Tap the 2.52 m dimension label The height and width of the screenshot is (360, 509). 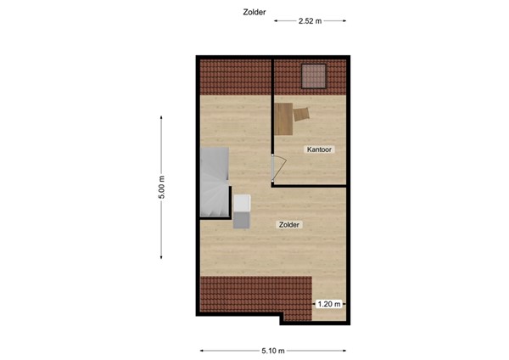pos(310,21)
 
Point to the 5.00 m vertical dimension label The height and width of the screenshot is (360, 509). pos(161,188)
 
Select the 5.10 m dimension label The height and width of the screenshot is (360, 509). pos(273,350)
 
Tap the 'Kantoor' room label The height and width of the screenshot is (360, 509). pos(319,150)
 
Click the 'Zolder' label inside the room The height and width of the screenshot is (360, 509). pos(289,225)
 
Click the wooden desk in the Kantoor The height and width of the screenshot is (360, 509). pos(283,118)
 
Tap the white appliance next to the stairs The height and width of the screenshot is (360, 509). pos(243,203)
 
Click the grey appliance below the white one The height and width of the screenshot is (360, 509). pos(243,218)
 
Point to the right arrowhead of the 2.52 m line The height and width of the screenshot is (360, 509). pos(344,21)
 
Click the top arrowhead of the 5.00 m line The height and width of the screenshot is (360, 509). pos(161,118)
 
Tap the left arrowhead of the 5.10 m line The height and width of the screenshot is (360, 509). pos(203,350)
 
